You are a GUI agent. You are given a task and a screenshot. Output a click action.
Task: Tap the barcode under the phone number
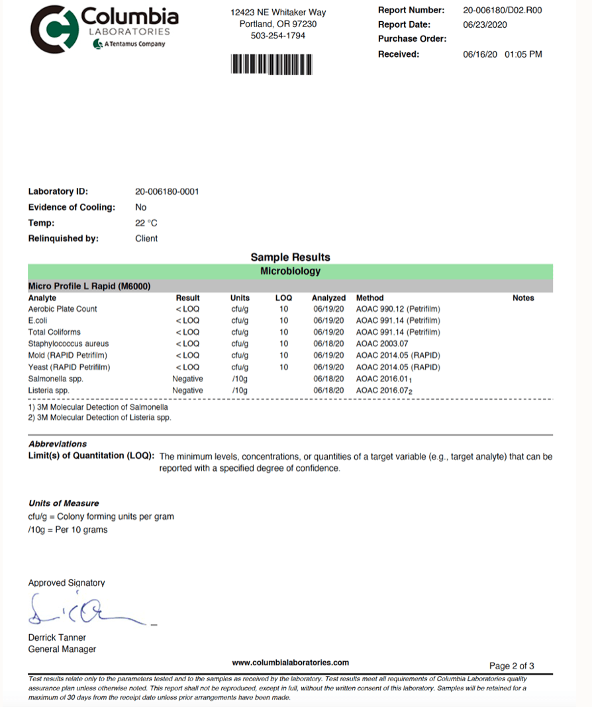tap(271, 64)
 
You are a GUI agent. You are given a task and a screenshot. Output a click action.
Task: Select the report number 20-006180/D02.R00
tap(503, 11)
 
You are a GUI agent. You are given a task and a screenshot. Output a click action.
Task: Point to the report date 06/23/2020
tap(485, 24)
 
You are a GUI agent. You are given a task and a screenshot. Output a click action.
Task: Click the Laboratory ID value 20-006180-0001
tap(167, 192)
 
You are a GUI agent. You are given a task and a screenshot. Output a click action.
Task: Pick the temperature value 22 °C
tap(146, 223)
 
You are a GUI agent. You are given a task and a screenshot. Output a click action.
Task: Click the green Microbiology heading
tap(290, 271)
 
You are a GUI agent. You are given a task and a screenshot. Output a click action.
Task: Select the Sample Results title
tap(290, 258)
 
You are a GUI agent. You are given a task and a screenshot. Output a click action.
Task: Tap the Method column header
tap(370, 298)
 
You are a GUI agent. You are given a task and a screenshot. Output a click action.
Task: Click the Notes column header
tap(523, 298)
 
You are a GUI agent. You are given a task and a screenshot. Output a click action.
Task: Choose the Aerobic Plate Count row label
tap(62, 309)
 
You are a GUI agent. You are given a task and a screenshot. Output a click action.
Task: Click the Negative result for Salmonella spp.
tap(187, 379)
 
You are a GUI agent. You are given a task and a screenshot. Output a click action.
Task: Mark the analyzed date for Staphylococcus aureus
tap(328, 344)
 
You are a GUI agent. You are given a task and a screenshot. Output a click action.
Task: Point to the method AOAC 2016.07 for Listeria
tap(384, 391)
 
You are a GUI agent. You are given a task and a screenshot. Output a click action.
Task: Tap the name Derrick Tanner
tap(57, 637)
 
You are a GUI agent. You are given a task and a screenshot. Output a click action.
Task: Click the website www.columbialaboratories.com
tap(290, 663)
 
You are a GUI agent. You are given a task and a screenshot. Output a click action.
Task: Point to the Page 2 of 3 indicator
tap(511, 666)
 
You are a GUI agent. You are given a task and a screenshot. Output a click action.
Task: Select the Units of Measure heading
tap(64, 503)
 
